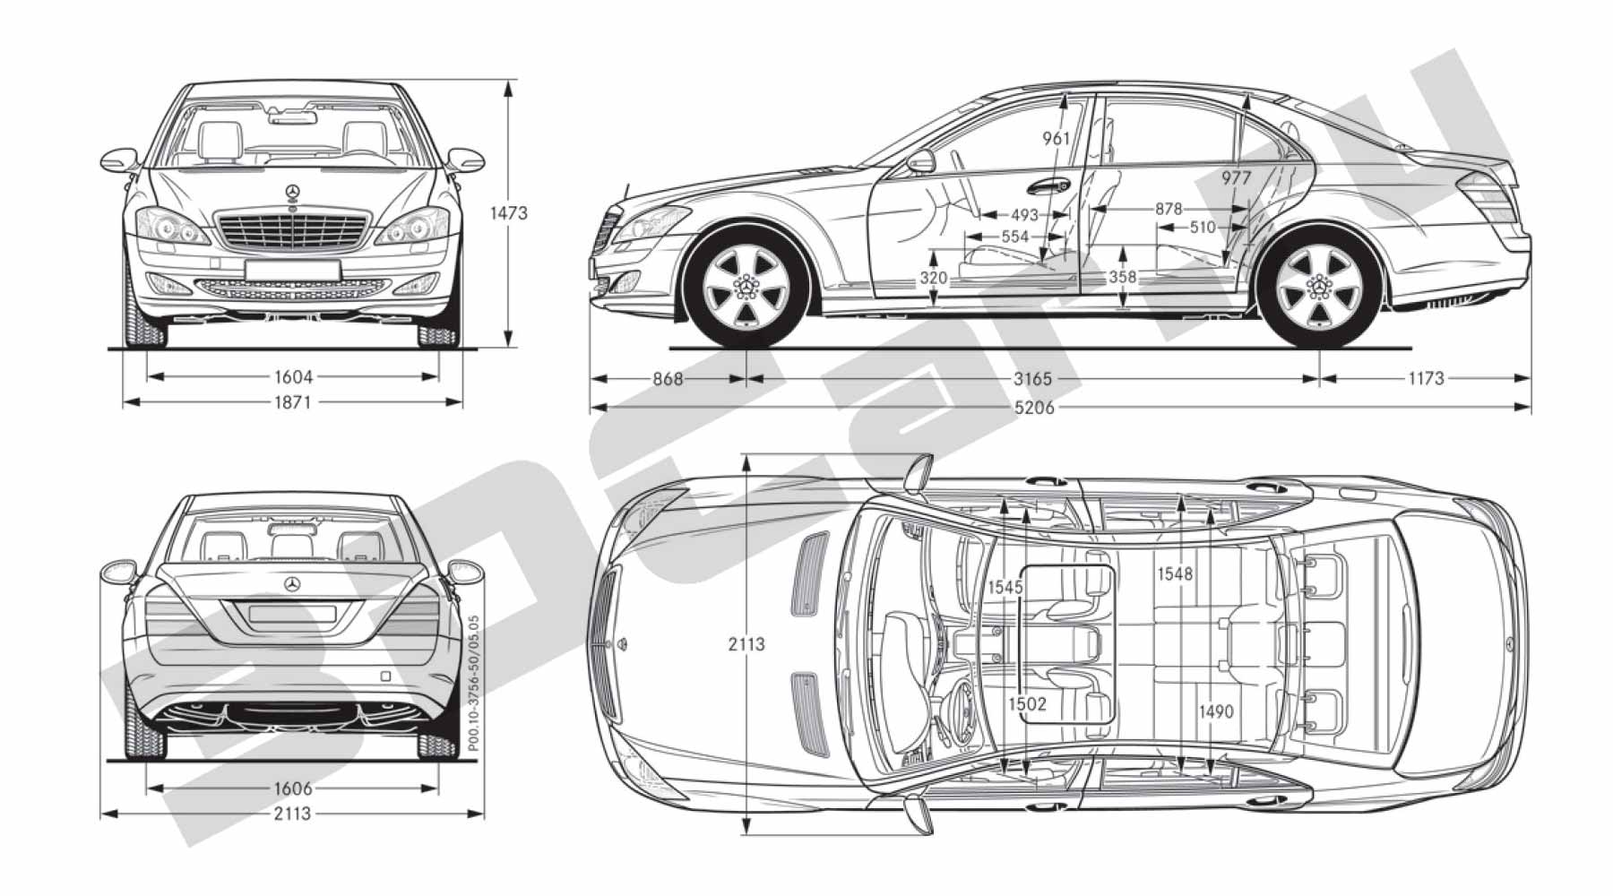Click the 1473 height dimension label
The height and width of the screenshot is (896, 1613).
click(509, 213)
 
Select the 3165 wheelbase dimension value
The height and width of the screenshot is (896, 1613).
click(1032, 379)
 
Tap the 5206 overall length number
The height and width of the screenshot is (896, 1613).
click(1034, 408)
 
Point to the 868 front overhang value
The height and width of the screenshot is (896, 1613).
click(668, 379)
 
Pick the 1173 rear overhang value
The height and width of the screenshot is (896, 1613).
click(1426, 379)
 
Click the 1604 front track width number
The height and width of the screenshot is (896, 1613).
click(293, 377)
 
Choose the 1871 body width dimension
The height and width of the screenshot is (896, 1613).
click(293, 402)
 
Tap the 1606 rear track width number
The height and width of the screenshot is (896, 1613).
click(293, 788)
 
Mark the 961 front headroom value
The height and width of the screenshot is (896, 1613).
click(1057, 139)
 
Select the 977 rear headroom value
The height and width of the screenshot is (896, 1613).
click(1236, 178)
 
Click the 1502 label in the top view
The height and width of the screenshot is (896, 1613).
click(1027, 704)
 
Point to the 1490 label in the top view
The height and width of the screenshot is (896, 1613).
click(1216, 712)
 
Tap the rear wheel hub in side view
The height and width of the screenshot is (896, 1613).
click(1318, 287)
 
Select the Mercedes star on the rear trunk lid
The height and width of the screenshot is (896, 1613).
click(292, 585)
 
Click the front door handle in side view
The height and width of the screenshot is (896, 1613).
click(1048, 186)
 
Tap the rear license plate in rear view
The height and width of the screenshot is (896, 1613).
click(292, 614)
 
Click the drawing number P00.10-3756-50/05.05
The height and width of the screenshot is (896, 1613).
click(473, 684)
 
